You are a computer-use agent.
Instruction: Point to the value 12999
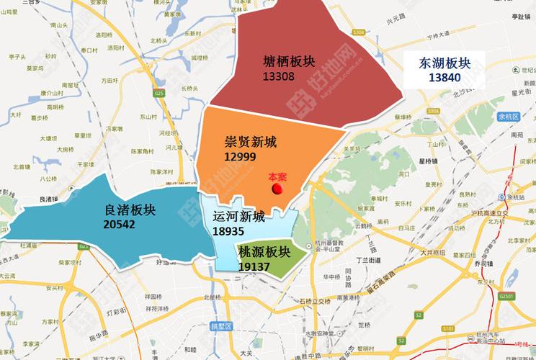coord(240,156)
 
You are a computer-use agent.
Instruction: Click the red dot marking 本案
coord(276,189)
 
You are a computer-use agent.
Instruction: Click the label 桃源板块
coord(264,252)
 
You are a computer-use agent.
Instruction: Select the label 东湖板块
coord(445,63)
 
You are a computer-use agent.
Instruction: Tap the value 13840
coord(444,78)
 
